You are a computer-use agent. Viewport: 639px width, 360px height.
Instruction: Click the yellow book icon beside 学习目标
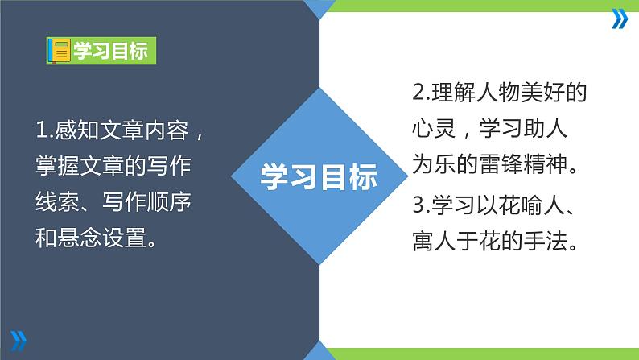59,52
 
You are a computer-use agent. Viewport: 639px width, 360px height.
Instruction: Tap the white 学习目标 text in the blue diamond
319,176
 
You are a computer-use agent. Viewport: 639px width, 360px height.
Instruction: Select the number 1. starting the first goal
44,130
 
